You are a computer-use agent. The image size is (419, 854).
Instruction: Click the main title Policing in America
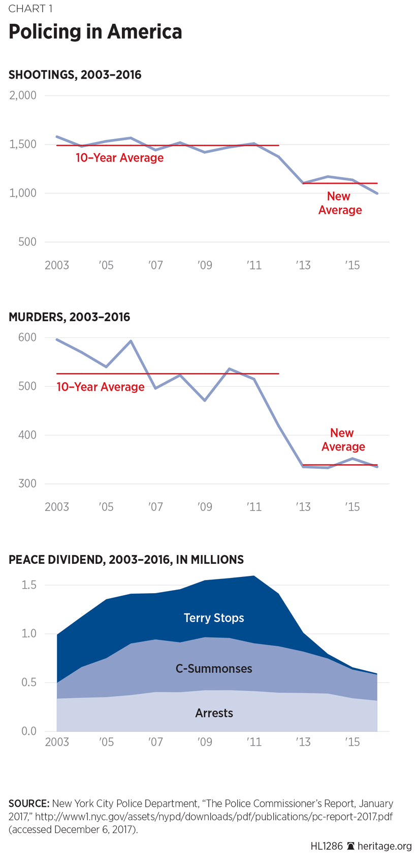pyautogui.click(x=95, y=32)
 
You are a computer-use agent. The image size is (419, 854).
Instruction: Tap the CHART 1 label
pyautogui.click(x=30, y=9)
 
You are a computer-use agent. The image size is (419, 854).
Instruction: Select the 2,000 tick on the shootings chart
pyautogui.click(x=23, y=95)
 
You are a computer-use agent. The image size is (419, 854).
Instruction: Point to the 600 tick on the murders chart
pyautogui.click(x=27, y=337)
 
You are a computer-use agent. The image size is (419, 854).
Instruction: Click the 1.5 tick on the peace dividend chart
pyautogui.click(x=29, y=585)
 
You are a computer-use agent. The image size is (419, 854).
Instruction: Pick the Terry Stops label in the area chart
pyautogui.click(x=214, y=618)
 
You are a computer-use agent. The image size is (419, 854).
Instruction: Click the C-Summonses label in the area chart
pyautogui.click(x=214, y=669)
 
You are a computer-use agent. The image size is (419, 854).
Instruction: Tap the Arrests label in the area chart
pyautogui.click(x=214, y=713)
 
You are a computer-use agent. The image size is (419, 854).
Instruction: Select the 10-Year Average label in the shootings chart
pyautogui.click(x=119, y=158)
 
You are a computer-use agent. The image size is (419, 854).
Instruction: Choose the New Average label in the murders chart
pyautogui.click(x=343, y=439)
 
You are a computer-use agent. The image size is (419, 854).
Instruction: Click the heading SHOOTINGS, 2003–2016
pyautogui.click(x=75, y=75)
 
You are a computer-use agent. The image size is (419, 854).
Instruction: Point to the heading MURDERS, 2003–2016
pyautogui.click(x=69, y=317)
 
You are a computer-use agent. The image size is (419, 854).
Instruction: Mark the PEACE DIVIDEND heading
pyautogui.click(x=126, y=560)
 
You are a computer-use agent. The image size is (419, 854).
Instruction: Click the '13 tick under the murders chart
pyautogui.click(x=303, y=507)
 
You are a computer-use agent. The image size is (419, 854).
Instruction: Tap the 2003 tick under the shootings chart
pyautogui.click(x=57, y=265)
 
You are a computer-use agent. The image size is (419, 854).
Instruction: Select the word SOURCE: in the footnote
pyautogui.click(x=29, y=804)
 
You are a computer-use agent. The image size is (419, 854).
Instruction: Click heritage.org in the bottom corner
pyautogui.click(x=384, y=846)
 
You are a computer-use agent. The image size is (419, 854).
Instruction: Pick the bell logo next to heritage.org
pyautogui.click(x=350, y=846)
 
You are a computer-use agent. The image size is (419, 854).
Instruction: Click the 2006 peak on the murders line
pyautogui.click(x=131, y=341)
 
